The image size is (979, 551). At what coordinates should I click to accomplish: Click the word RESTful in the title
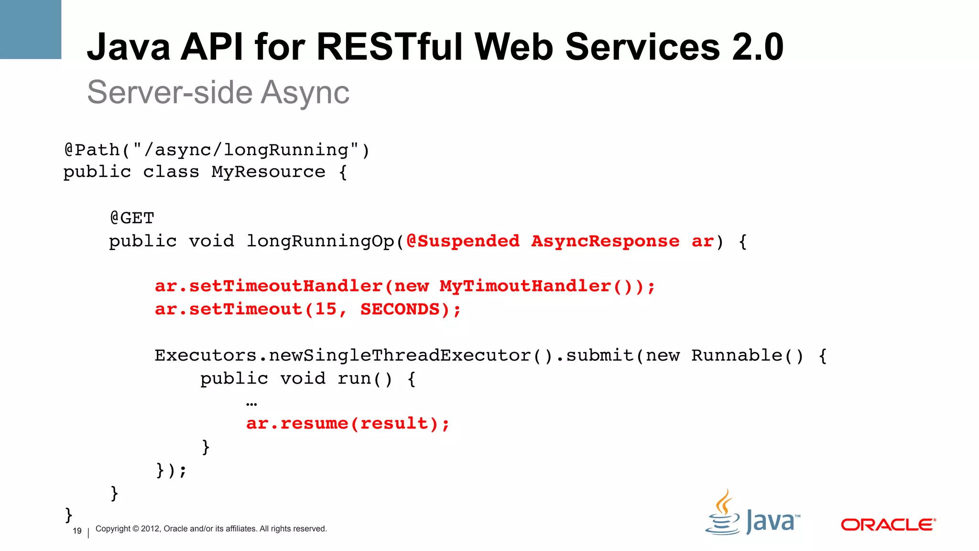[x=390, y=47]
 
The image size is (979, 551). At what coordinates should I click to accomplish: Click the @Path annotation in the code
[x=92, y=150]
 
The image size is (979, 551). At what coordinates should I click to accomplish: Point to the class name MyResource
[x=268, y=172]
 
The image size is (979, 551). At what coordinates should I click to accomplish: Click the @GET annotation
[x=132, y=218]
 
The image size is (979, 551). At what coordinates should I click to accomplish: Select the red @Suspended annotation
[x=463, y=241]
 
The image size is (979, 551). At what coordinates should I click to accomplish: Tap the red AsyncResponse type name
[x=605, y=241]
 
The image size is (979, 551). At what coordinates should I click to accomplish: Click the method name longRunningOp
[x=320, y=241]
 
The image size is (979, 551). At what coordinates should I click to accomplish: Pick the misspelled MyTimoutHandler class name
[x=525, y=286]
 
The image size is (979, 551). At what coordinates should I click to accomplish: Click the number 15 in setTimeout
[x=326, y=309]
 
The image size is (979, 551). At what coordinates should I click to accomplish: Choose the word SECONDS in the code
[x=400, y=309]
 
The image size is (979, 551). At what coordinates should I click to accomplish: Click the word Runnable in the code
[x=737, y=355]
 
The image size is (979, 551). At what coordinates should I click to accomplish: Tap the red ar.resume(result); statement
[x=348, y=423]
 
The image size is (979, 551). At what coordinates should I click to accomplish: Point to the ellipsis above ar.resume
[x=251, y=404]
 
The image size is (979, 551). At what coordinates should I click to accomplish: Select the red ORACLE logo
[x=888, y=525]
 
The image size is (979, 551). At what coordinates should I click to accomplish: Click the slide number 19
[x=77, y=531]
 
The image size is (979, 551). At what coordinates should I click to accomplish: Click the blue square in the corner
[x=31, y=29]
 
